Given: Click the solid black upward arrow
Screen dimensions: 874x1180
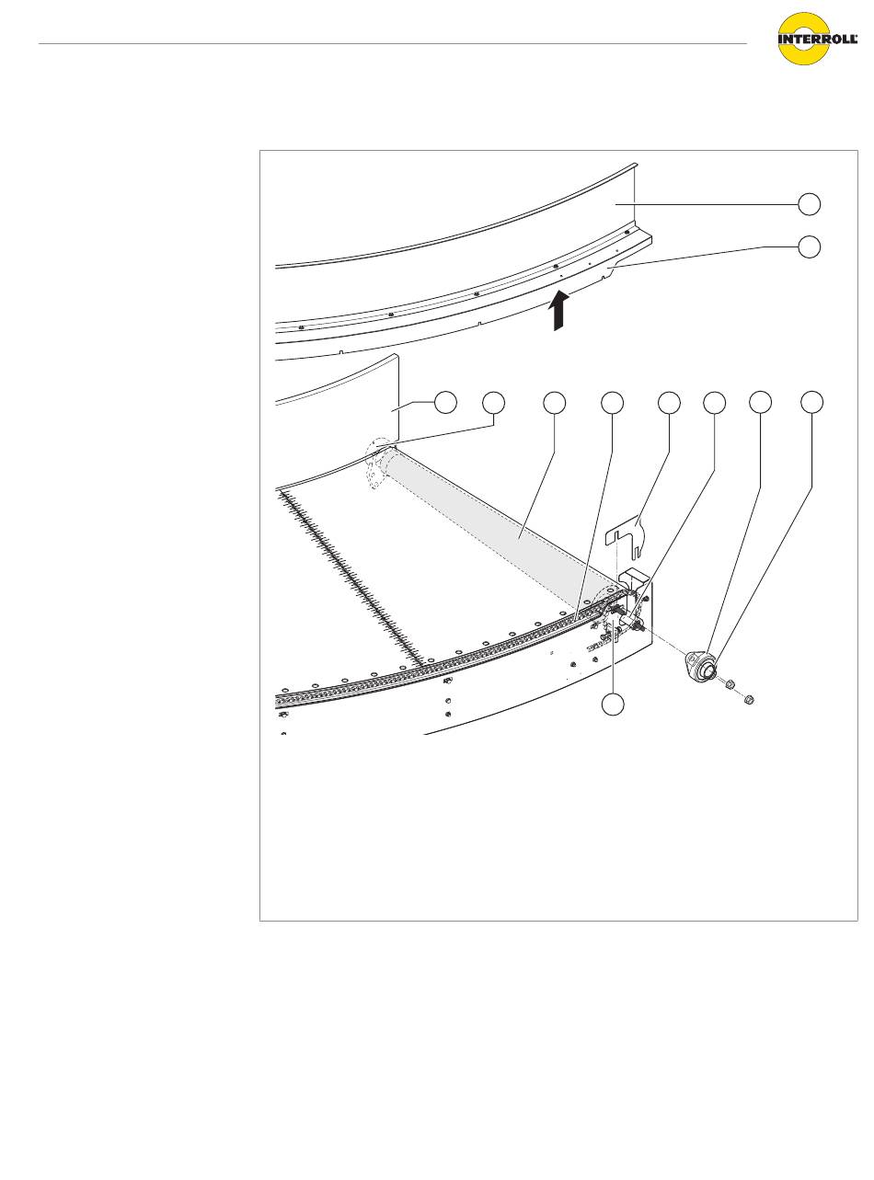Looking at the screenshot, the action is (x=558, y=311).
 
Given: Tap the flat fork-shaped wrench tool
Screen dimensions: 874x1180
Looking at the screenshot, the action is (x=625, y=537).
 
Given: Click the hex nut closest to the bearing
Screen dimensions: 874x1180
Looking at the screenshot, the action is (x=730, y=683).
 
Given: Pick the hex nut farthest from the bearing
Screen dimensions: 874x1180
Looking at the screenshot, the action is (x=750, y=697).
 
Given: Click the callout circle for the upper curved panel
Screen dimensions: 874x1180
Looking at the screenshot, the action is (x=809, y=204).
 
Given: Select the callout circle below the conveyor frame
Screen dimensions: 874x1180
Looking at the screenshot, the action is (x=612, y=704).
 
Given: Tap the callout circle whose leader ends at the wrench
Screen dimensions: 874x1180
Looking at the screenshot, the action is (x=669, y=403).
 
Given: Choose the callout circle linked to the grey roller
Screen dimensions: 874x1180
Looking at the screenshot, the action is (x=554, y=403).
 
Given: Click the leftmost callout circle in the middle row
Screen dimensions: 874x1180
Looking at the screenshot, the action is (x=445, y=403).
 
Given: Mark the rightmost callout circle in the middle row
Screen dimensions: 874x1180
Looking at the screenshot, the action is (x=812, y=403).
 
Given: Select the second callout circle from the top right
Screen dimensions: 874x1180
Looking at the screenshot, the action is (x=809, y=246).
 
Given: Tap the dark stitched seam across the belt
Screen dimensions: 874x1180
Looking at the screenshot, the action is (x=351, y=578).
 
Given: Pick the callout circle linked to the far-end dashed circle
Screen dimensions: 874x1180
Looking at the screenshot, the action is (x=493, y=403).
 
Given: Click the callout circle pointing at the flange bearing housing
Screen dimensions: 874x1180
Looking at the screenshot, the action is (x=760, y=403).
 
